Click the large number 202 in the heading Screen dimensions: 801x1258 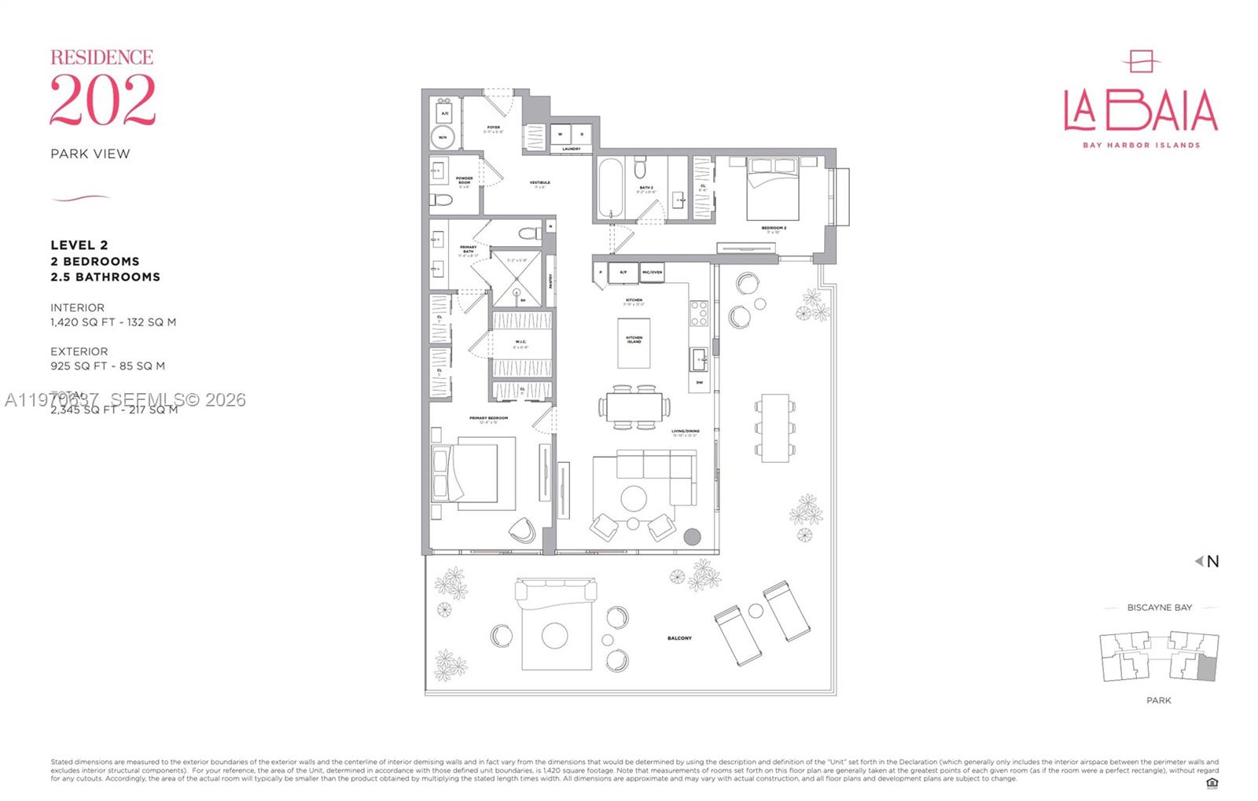[x=102, y=100]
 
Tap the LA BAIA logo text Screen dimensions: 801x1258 [x=1140, y=111]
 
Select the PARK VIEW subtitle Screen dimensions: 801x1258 [x=90, y=154]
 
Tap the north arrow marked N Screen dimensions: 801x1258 [x=1208, y=561]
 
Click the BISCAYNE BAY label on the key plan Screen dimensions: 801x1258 [x=1159, y=608]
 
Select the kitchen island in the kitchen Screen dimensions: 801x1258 [x=634, y=343]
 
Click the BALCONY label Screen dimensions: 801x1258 [x=679, y=638]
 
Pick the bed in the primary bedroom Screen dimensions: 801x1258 [x=465, y=473]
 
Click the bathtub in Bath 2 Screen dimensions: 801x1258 [x=611, y=189]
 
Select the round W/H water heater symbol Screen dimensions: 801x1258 [x=443, y=138]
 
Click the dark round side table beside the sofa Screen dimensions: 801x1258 [x=692, y=537]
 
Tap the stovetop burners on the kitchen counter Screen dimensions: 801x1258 [x=698, y=314]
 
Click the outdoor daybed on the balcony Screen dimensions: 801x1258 [x=554, y=625]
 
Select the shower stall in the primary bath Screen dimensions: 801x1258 [x=517, y=278]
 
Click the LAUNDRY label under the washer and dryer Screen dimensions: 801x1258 [x=572, y=149]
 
